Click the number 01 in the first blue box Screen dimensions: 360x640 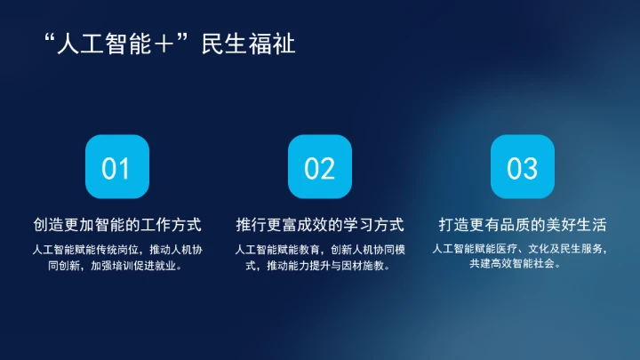point(116,167)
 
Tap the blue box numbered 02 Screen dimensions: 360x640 point(319,167)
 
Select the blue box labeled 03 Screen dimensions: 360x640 point(523,167)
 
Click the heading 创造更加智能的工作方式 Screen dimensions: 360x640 point(116,223)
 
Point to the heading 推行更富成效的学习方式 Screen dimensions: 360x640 point(320,223)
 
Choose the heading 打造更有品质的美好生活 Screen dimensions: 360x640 point(523,223)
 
